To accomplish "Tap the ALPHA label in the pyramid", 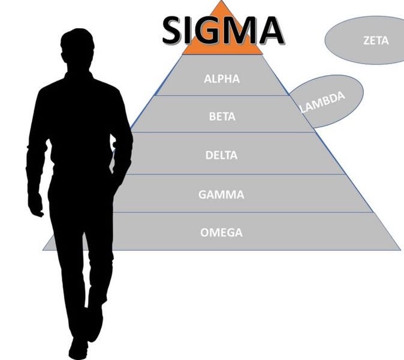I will pyautogui.click(x=221, y=79).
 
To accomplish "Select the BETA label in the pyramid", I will pyautogui.click(x=222, y=116).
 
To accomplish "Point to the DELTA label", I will pyautogui.click(x=221, y=155).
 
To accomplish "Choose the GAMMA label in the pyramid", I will pyautogui.click(x=221, y=194).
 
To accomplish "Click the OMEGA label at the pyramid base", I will pyautogui.click(x=221, y=232).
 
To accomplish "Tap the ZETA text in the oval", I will pyautogui.click(x=376, y=41).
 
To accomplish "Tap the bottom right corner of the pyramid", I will pyautogui.click(x=399, y=248).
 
